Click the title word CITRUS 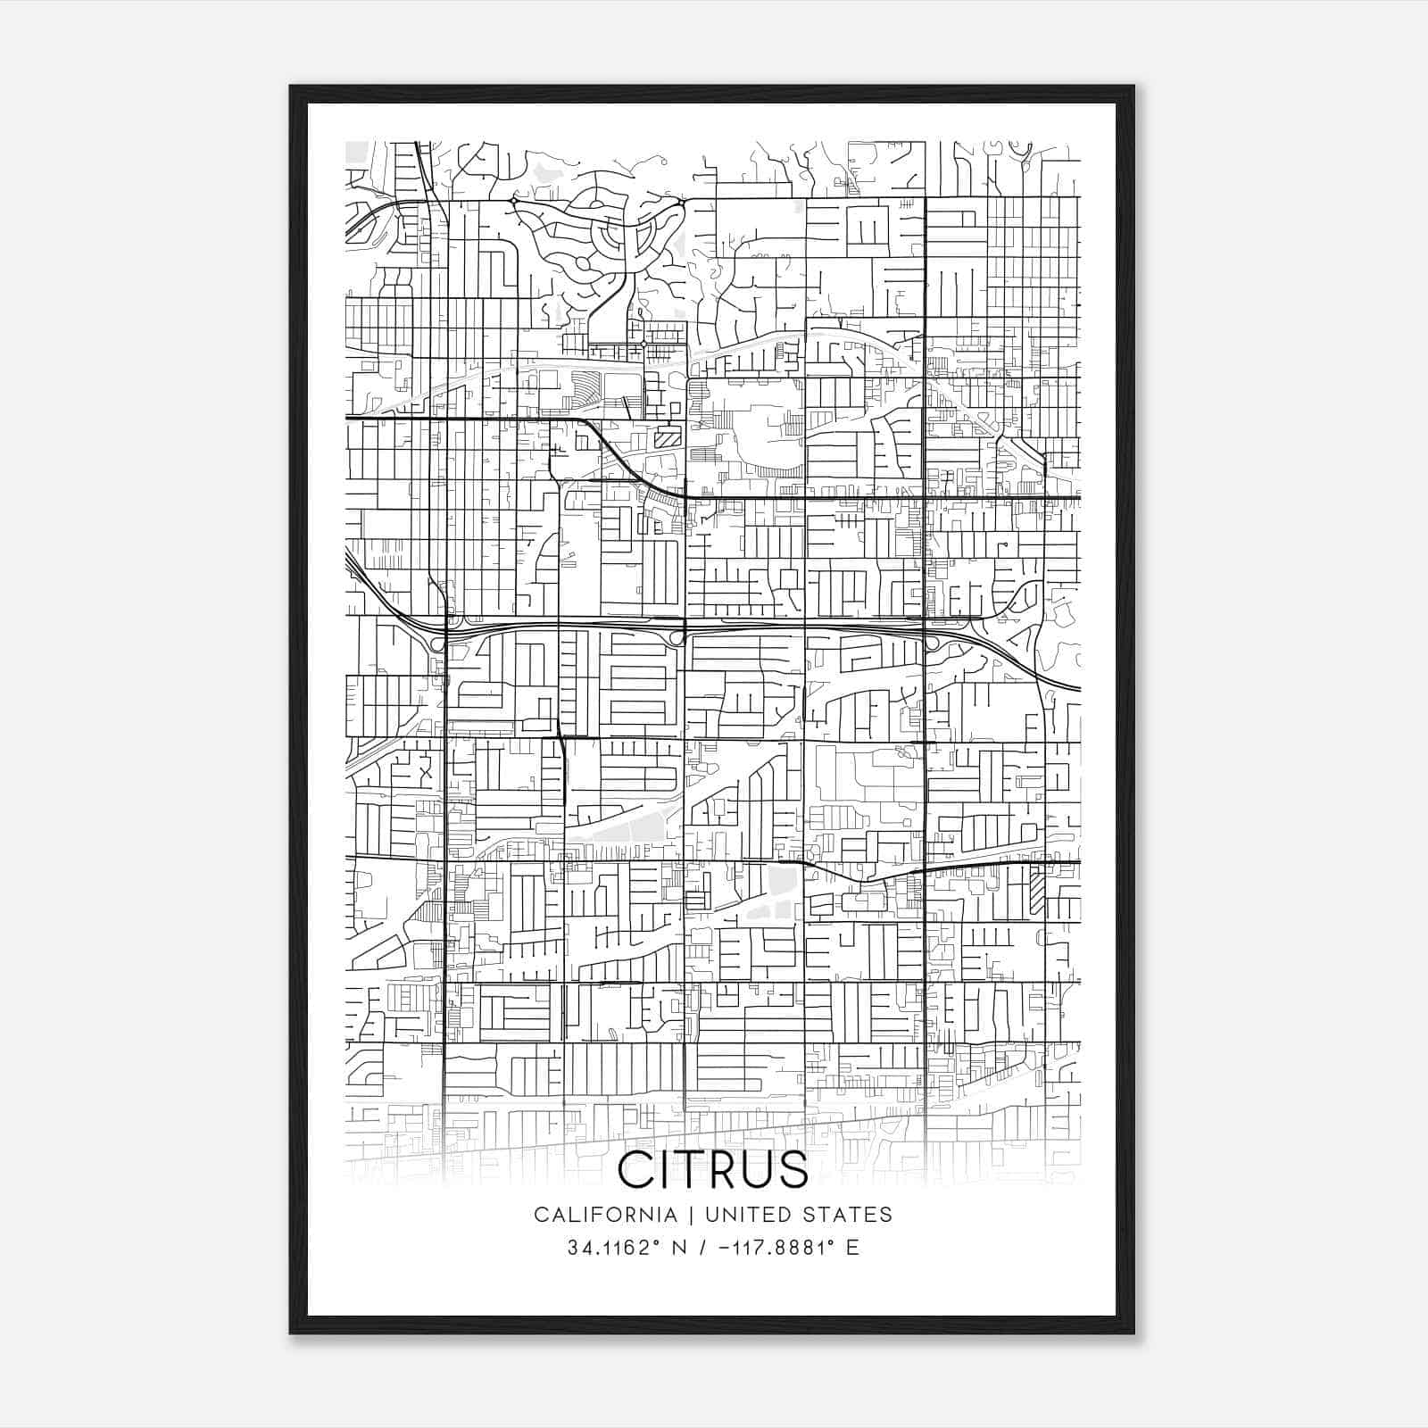(713, 1169)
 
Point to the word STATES (850, 1215)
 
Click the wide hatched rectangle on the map (667, 437)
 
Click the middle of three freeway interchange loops (677, 638)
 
